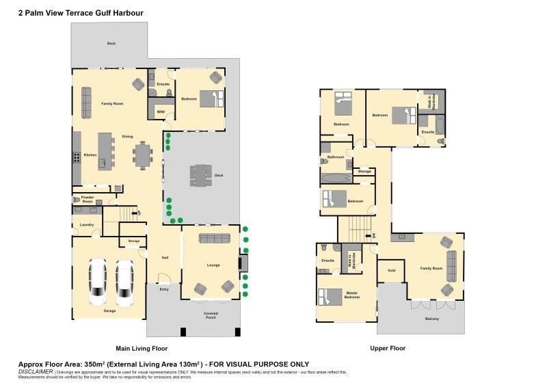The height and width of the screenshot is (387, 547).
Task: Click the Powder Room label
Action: [x=87, y=200]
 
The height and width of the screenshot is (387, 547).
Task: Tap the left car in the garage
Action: [x=98, y=282]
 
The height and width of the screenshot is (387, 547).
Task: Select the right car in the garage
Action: [x=124, y=282]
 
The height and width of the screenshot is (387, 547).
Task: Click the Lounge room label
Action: [x=213, y=265]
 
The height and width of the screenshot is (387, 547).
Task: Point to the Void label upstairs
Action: [x=391, y=270]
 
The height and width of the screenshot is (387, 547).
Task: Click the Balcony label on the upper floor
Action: [x=432, y=319]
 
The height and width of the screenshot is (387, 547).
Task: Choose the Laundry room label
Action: [x=87, y=224]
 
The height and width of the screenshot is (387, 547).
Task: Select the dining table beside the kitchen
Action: [x=144, y=155]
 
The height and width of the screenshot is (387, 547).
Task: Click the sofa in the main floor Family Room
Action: [x=87, y=103]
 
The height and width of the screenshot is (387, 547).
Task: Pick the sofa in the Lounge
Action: [x=213, y=238]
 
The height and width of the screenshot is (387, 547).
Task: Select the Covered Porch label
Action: [x=211, y=315]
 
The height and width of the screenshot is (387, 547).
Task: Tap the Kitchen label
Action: [x=90, y=155]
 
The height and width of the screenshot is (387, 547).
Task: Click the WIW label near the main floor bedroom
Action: [x=161, y=111]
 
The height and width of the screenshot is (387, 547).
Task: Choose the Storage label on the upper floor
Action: [x=364, y=171]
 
